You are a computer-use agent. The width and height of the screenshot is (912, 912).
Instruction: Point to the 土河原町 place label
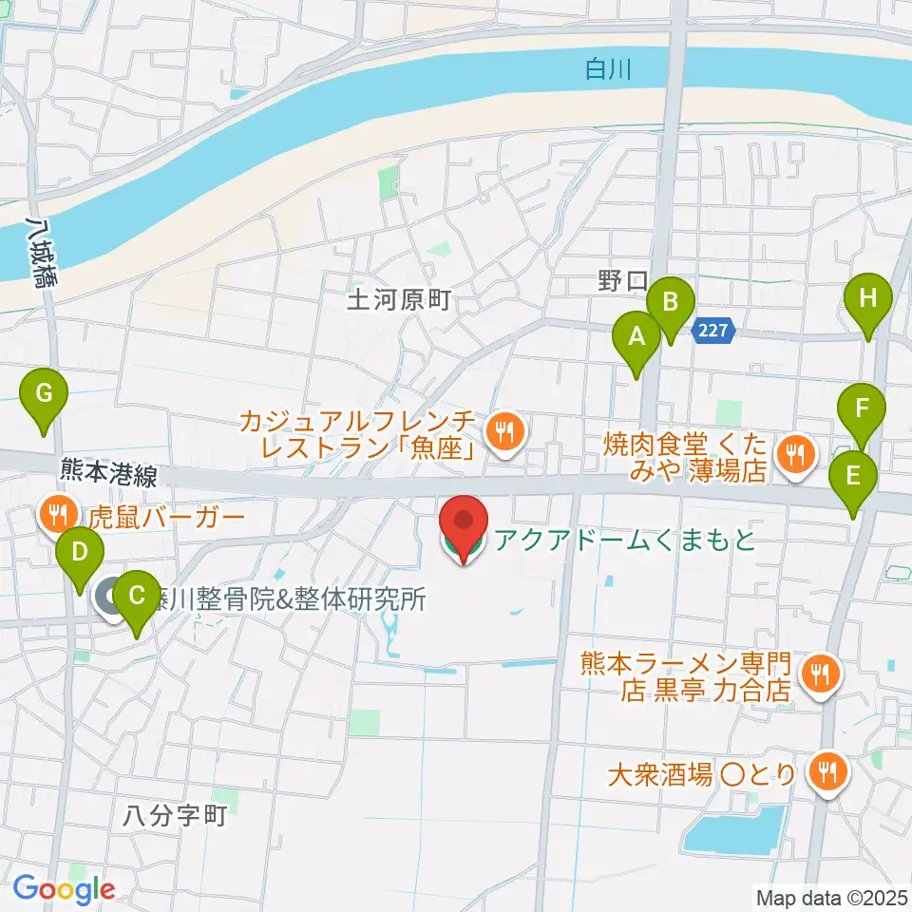point(397,303)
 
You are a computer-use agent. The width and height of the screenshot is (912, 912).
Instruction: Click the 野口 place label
point(622,281)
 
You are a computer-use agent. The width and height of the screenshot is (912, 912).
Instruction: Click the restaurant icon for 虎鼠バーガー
point(59,515)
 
